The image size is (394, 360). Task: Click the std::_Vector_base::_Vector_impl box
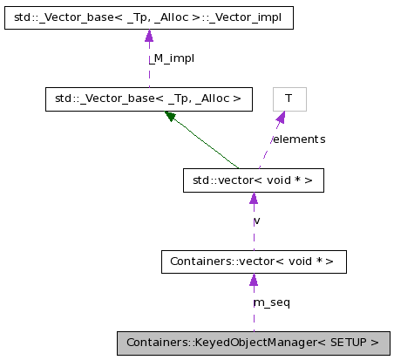click(148, 17)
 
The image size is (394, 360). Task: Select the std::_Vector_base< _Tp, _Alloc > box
click(148, 98)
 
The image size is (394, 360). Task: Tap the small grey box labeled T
click(289, 98)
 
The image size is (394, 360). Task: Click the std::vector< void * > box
click(253, 180)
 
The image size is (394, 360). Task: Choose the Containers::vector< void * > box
click(253, 261)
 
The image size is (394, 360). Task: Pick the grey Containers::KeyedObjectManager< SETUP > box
click(253, 343)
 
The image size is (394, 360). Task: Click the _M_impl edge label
click(168, 58)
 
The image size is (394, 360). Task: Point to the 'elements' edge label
click(299, 139)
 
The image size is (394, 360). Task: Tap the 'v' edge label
click(257, 221)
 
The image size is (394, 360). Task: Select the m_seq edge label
click(271, 302)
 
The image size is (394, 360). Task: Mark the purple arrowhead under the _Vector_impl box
click(149, 36)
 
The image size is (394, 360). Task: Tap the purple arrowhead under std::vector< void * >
click(253, 199)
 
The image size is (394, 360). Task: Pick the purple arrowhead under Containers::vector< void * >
click(253, 280)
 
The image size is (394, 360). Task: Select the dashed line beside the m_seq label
click(253, 309)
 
